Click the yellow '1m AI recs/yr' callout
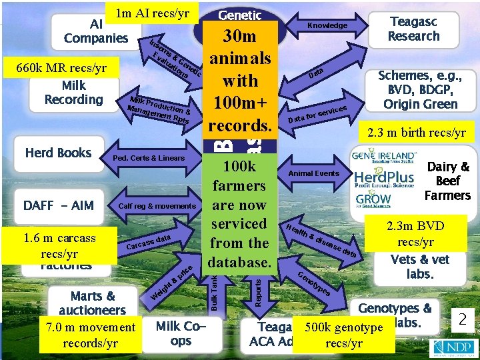point(153,13)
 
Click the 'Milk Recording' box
point(73,93)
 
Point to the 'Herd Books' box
point(58,153)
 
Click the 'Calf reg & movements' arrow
point(157,206)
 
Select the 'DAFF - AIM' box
point(59,205)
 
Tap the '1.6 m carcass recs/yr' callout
point(59,245)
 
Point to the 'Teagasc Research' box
point(414,29)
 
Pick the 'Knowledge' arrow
point(327,25)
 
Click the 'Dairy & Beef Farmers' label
point(448,181)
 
